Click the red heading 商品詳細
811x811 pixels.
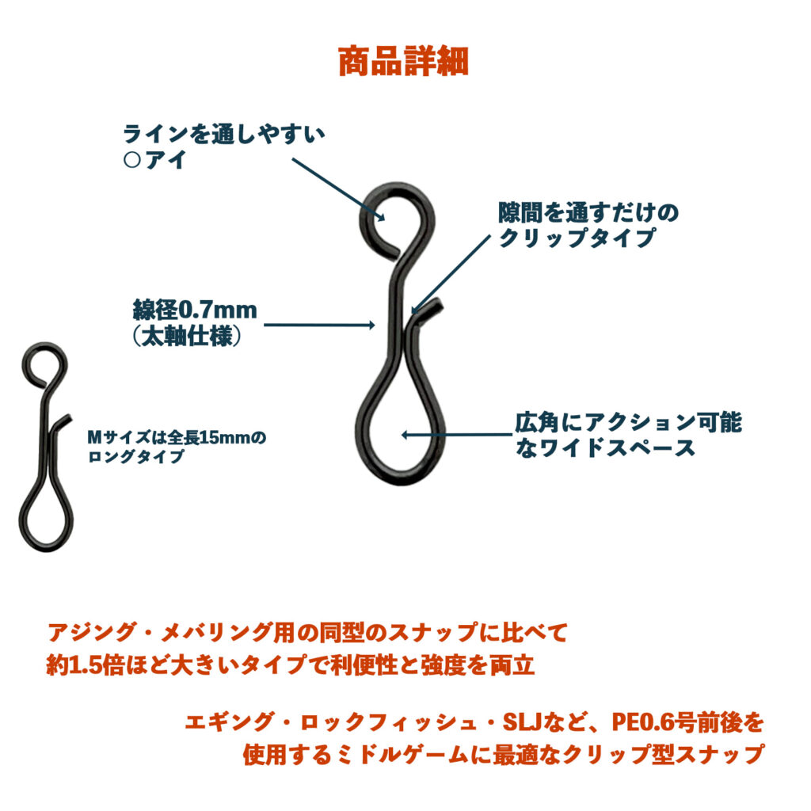click(x=403, y=62)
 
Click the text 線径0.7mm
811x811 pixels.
click(x=195, y=310)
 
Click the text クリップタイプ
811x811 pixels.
click(x=577, y=238)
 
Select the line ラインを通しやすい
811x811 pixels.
click(x=224, y=134)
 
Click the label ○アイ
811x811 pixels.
click(x=154, y=160)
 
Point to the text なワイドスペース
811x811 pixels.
click(x=604, y=447)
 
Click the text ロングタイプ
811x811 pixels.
click(x=136, y=456)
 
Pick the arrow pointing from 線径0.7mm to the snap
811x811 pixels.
click(x=319, y=325)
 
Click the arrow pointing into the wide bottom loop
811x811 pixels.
click(x=458, y=435)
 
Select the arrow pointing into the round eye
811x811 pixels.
click(x=338, y=189)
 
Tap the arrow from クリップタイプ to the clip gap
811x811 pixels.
click(x=450, y=275)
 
